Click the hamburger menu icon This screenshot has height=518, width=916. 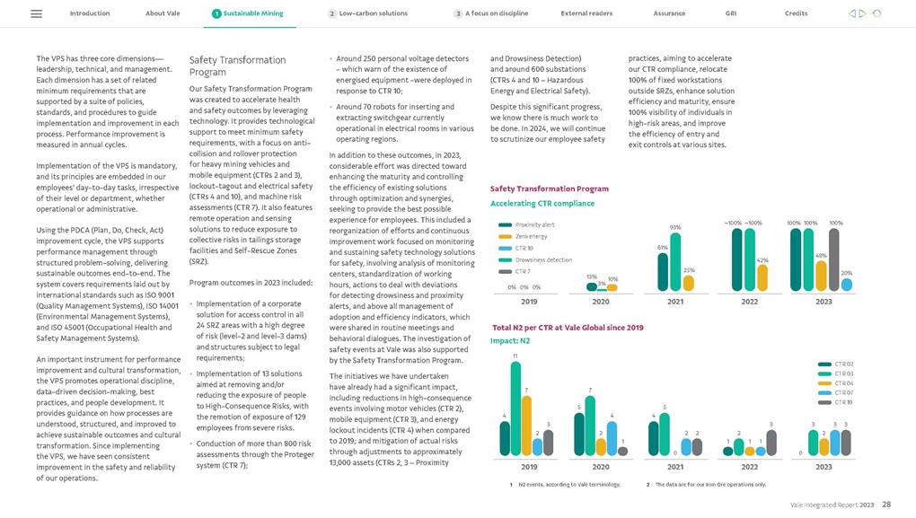[37, 14]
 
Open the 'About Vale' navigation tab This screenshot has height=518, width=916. [162, 14]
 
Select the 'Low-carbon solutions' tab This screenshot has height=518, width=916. [373, 14]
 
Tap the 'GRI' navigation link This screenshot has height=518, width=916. [731, 14]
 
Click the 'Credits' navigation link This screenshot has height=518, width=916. [796, 14]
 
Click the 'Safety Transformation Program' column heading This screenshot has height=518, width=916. [237, 66]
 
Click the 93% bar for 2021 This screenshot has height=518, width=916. [675, 261]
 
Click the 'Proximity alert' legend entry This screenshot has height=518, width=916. [534, 224]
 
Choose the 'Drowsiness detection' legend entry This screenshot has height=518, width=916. [543, 259]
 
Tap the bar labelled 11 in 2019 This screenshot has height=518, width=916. [515, 408]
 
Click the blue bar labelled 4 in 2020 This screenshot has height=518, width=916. [612, 438]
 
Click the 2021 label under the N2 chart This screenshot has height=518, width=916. [675, 468]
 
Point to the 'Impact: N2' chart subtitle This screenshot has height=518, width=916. [510, 341]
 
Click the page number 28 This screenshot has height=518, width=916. [886, 505]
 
